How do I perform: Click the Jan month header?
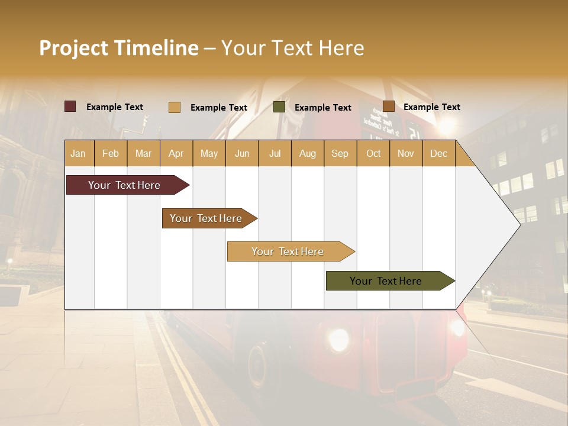[78, 154]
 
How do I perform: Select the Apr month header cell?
[176, 154]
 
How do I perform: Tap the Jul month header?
[275, 154]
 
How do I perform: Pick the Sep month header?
[340, 154]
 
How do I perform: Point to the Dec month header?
[438, 154]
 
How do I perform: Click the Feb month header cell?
[111, 154]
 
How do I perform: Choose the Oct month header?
[373, 154]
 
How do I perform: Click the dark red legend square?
[70, 106]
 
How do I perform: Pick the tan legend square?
[175, 107]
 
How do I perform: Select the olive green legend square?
[279, 107]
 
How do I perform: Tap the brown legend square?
[388, 106]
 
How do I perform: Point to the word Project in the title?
[74, 49]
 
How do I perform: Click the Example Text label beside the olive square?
[322, 108]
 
